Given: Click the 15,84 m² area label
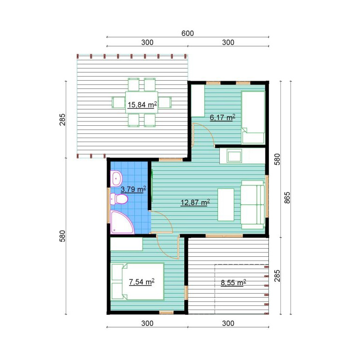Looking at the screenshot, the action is tap(142, 105).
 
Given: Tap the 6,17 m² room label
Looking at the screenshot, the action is tap(222, 117).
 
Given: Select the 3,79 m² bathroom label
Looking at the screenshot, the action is tap(133, 189).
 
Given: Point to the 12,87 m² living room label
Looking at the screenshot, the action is tap(195, 202).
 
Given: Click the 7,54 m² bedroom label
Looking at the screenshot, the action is tap(142, 281).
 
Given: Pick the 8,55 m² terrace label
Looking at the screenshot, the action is tap(233, 282).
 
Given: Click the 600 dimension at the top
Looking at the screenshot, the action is tap(188, 33).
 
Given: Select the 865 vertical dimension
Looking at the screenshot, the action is tap(287, 198).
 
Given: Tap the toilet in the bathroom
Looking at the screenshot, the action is tap(119, 199).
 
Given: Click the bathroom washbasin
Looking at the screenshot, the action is tap(117, 179).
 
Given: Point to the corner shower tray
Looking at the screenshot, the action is tap(121, 222).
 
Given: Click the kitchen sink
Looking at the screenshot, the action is tap(234, 156).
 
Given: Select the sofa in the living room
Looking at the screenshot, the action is tap(252, 204).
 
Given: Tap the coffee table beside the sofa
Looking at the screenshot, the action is tap(226, 204).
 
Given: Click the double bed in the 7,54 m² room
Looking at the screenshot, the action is tap(137, 281).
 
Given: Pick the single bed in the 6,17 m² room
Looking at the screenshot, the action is tap(253, 117).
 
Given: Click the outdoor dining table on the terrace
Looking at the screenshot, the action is tap(142, 102).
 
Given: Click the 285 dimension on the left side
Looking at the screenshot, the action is tap(62, 120).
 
